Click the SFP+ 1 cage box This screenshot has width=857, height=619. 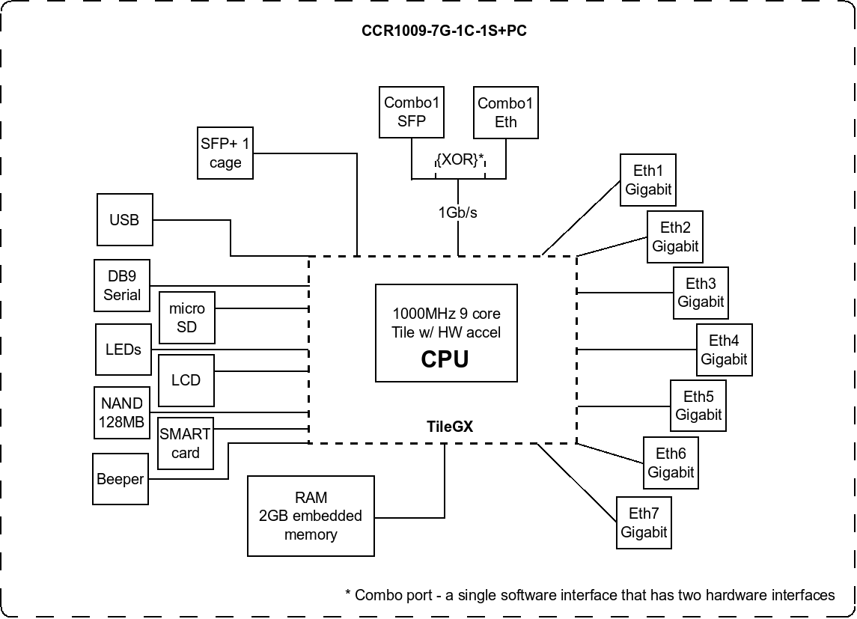coord(225,153)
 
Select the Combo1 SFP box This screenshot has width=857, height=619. coord(412,112)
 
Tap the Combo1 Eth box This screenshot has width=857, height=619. coord(506,112)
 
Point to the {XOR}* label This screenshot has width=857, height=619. coord(460,160)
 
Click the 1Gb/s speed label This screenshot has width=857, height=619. coord(458,213)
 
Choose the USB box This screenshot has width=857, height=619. coord(124,220)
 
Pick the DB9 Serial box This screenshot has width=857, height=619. coord(122,286)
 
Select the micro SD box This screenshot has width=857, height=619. coord(187,317)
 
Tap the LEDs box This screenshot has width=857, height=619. coord(123,350)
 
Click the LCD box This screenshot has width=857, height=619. coord(186,380)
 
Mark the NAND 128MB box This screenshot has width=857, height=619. coord(121,412)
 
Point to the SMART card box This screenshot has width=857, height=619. coord(186,443)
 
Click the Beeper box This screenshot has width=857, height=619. coord(120,479)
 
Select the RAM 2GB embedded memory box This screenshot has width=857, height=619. coord(311,516)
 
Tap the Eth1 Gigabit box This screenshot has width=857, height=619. coord(648,180)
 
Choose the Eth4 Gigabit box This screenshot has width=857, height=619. coord(724,350)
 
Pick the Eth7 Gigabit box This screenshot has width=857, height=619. coord(644,522)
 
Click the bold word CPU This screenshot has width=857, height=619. coord(445,359)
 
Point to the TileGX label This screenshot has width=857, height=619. coord(450,427)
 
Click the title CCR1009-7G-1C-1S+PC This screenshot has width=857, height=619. coord(445,31)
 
